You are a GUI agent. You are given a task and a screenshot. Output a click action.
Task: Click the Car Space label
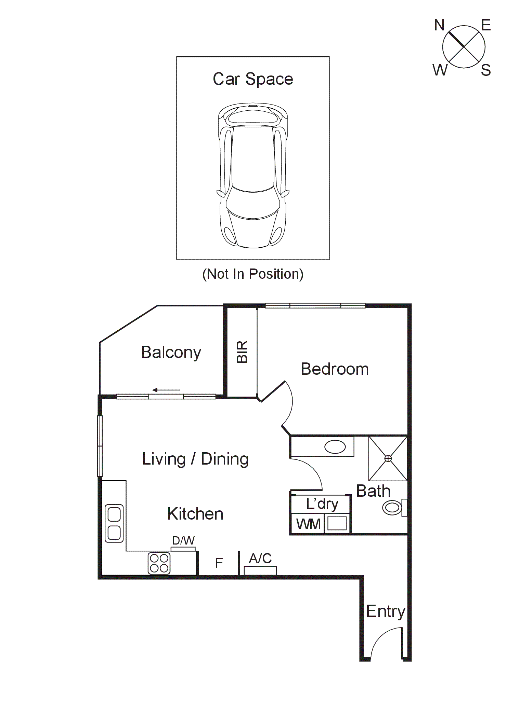pos(253,79)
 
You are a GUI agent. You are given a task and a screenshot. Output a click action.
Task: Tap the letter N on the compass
pos(439,25)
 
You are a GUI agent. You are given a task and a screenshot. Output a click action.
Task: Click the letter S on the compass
pos(485,70)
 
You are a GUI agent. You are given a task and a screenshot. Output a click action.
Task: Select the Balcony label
pos(171,352)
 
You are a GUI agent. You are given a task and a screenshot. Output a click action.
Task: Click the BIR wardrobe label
pos(242,352)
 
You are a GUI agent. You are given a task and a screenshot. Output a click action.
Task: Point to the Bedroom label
pos(335,369)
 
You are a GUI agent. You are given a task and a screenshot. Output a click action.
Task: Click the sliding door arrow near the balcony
pos(166,390)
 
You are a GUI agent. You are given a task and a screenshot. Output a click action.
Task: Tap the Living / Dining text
pos(195,459)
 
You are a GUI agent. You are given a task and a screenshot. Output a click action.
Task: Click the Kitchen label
pos(195,514)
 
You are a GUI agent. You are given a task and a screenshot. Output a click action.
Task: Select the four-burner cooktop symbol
pos(159,563)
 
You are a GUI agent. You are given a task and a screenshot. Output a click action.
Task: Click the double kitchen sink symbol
pos(114,523)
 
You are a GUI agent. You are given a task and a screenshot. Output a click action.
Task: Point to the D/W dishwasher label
pos(183,540)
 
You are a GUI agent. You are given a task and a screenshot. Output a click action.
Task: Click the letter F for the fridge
pos(219,563)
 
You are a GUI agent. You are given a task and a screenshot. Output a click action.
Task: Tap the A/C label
pos(260,559)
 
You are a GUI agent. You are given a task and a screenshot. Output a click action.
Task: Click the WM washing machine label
pos(308,524)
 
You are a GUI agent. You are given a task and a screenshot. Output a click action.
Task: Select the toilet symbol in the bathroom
pos(393,507)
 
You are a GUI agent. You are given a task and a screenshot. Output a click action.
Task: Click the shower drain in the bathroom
pos(388,458)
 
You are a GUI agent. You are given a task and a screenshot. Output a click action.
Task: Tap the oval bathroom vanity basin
pos(335,447)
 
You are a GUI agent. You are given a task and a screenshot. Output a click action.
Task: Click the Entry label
pos(386,611)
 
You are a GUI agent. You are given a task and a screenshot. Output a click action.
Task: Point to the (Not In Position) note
pos(253,274)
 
